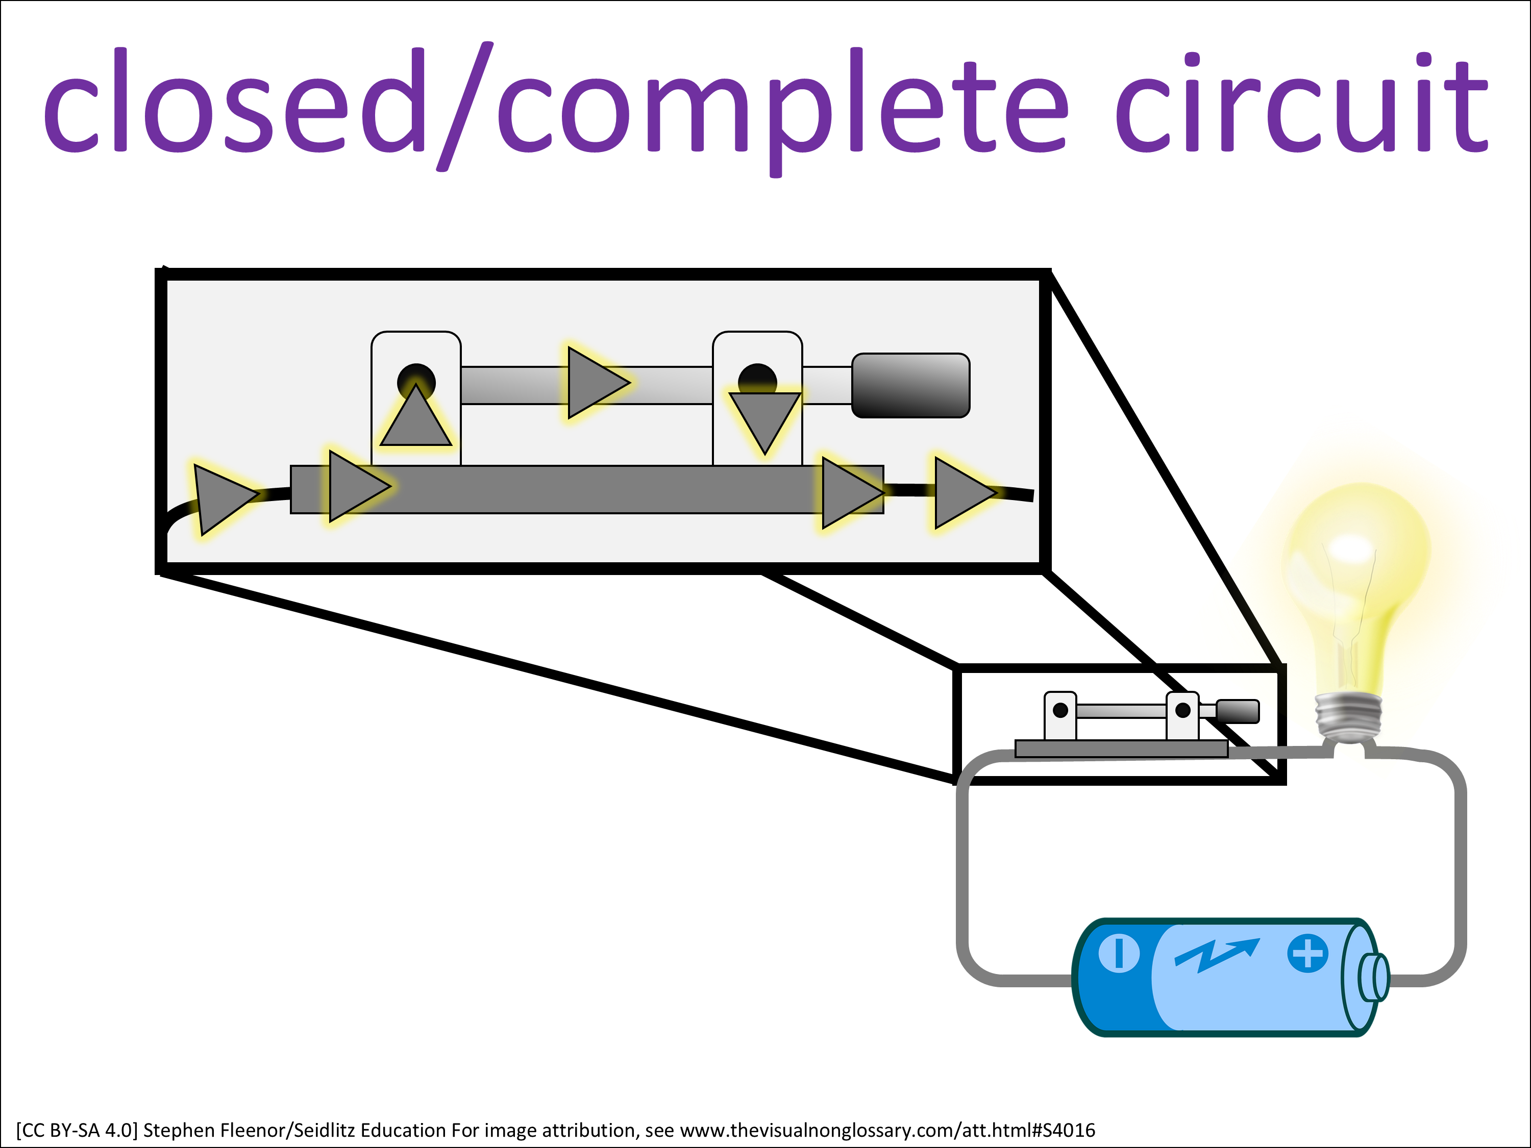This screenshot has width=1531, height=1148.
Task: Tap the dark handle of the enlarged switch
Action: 910,385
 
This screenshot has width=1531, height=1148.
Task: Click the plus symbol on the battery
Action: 1307,954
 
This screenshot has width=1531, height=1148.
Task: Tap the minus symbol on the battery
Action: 1119,953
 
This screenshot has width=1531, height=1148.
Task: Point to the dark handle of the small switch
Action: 1238,711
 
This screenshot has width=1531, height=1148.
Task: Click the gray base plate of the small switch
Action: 1121,748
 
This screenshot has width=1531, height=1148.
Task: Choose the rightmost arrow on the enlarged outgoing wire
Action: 962,493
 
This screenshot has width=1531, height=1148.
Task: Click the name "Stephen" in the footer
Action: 179,1130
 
